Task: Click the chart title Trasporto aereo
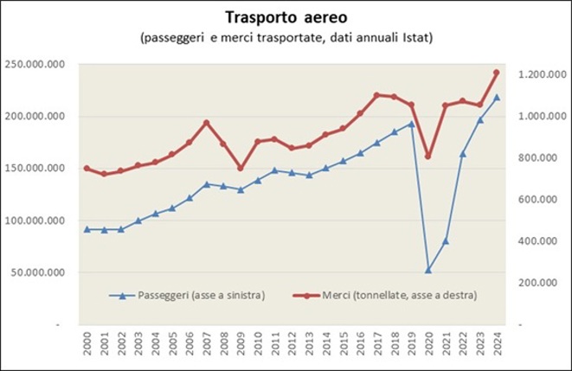[x=286, y=17]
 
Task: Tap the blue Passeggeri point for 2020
[x=428, y=270]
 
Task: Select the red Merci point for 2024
[x=497, y=73]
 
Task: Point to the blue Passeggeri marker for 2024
[x=497, y=97]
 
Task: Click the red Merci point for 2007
[x=206, y=123]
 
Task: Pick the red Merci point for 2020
[x=428, y=157]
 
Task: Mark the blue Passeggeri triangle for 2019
[x=411, y=124]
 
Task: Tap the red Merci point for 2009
[x=241, y=168]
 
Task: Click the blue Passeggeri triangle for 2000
[x=87, y=229]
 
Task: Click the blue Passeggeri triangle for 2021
[x=446, y=241]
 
